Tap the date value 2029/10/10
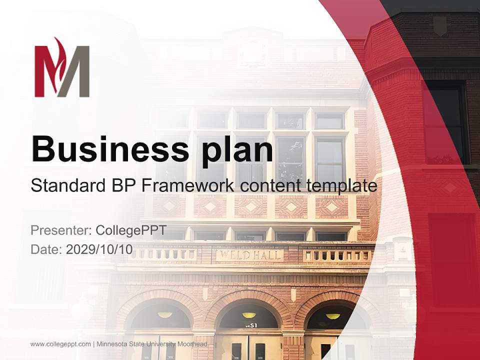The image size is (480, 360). point(99,249)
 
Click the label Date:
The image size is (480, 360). point(46,249)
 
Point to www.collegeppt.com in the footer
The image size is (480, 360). point(60,344)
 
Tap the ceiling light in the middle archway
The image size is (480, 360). point(249,315)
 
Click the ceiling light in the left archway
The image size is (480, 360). point(165,315)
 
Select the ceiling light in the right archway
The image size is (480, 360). point(332,316)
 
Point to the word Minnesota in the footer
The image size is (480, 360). point(112,344)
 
